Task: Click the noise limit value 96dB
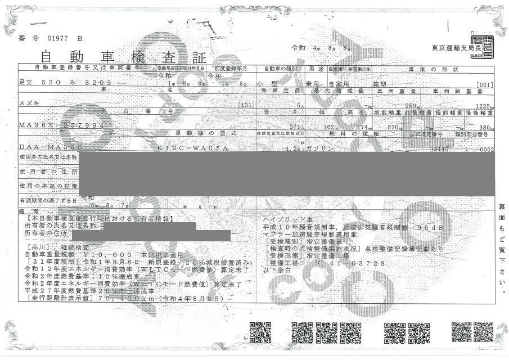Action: pyautogui.click(x=431, y=227)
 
